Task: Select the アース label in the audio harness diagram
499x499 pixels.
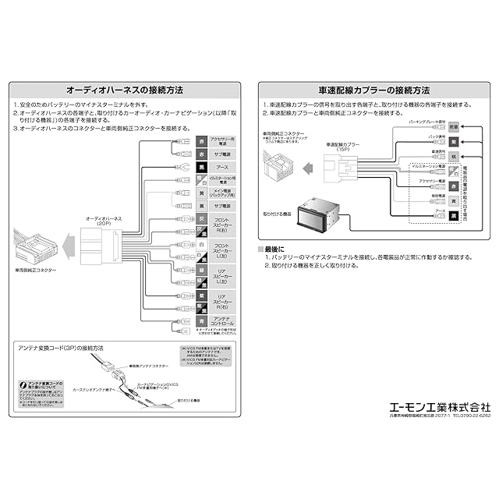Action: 221,168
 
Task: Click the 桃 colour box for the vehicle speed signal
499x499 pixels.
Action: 455,156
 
